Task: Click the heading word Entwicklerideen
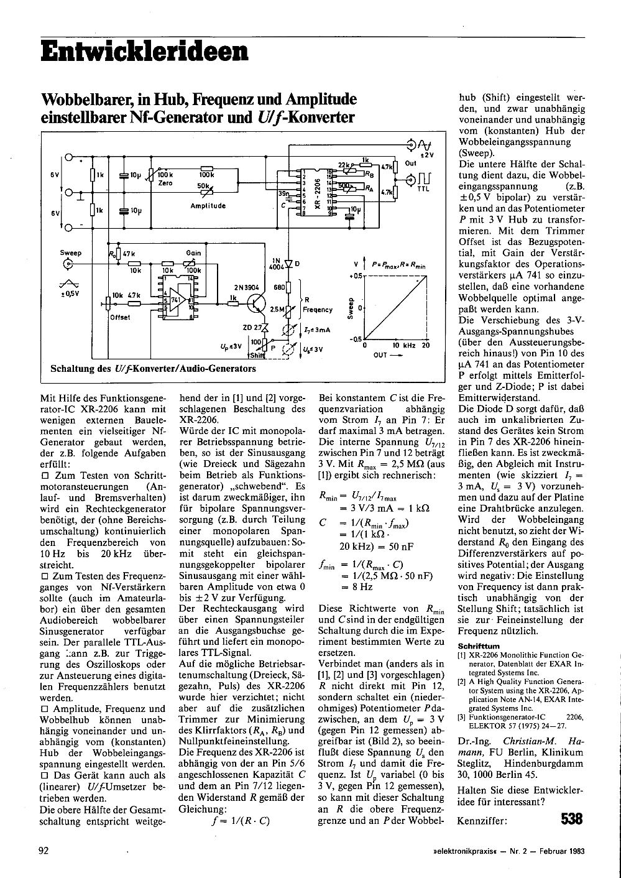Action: tap(144, 50)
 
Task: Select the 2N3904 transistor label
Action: tap(247, 287)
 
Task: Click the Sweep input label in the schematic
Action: tap(71, 253)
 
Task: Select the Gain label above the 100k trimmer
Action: tap(193, 253)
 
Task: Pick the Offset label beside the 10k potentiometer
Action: tap(120, 318)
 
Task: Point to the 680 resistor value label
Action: tap(278, 287)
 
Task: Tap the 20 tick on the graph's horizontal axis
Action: tap(425, 344)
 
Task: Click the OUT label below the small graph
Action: tap(380, 355)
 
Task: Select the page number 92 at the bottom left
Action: tap(44, 851)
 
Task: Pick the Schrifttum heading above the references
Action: tap(478, 645)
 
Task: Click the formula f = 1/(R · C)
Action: tap(239, 820)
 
